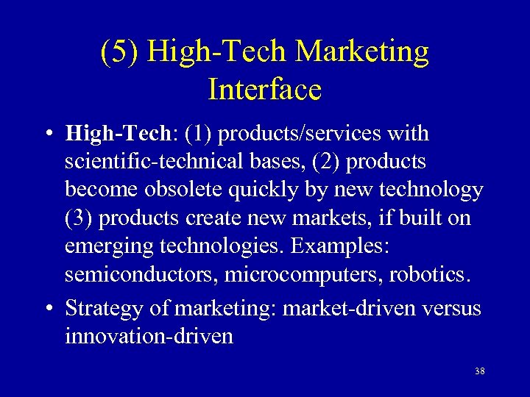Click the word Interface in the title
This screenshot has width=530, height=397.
[x=265, y=89]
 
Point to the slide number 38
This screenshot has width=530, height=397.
[x=480, y=371]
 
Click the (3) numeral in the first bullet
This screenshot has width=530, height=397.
[x=79, y=218]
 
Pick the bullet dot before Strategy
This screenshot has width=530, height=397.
[x=48, y=309]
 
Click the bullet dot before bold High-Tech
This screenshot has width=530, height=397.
[x=48, y=135]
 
